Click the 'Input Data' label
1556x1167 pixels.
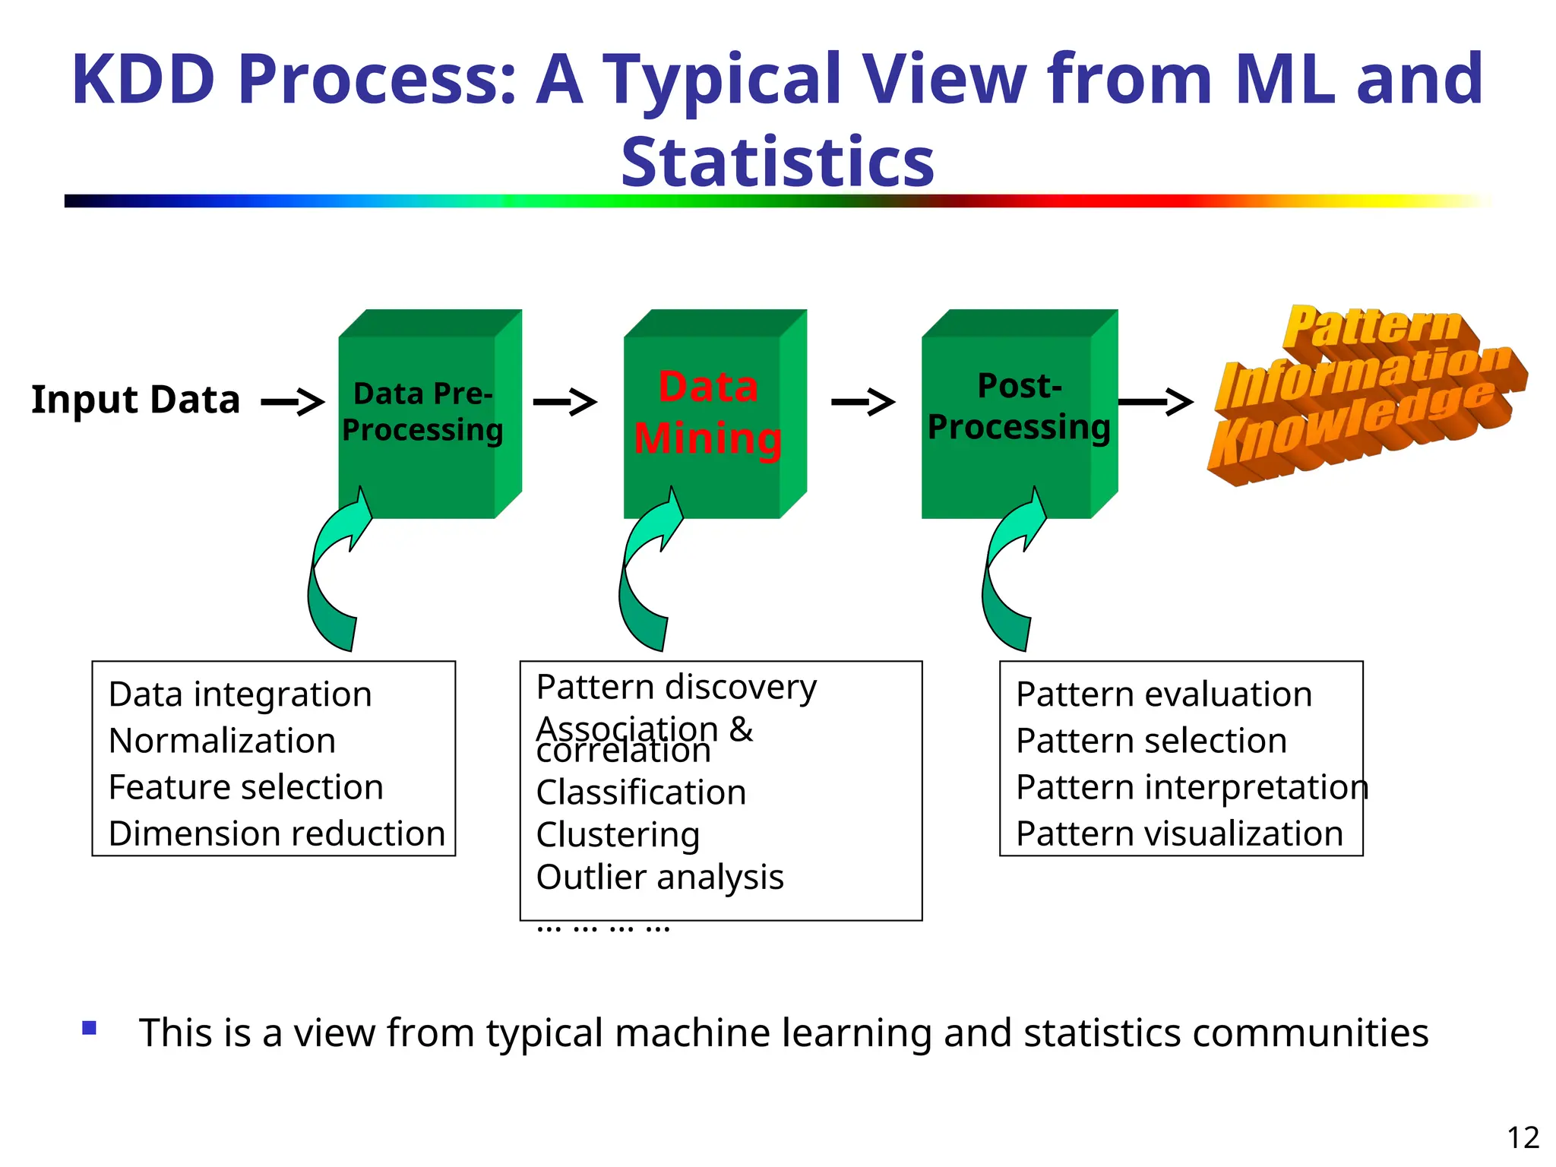point(135,400)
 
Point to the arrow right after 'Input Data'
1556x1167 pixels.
point(293,401)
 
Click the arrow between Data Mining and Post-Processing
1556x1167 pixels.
point(863,401)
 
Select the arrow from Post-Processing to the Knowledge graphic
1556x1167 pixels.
point(1156,401)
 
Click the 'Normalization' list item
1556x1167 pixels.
point(222,741)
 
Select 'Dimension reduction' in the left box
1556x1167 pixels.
point(277,834)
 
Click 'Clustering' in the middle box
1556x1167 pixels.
point(618,835)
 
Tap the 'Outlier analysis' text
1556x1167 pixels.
point(659,878)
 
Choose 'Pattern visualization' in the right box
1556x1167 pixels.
point(1179,834)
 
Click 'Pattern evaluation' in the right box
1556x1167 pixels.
point(1164,694)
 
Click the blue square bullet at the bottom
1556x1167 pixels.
point(90,1029)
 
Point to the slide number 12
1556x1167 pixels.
point(1523,1138)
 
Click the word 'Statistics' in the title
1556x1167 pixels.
point(777,162)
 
